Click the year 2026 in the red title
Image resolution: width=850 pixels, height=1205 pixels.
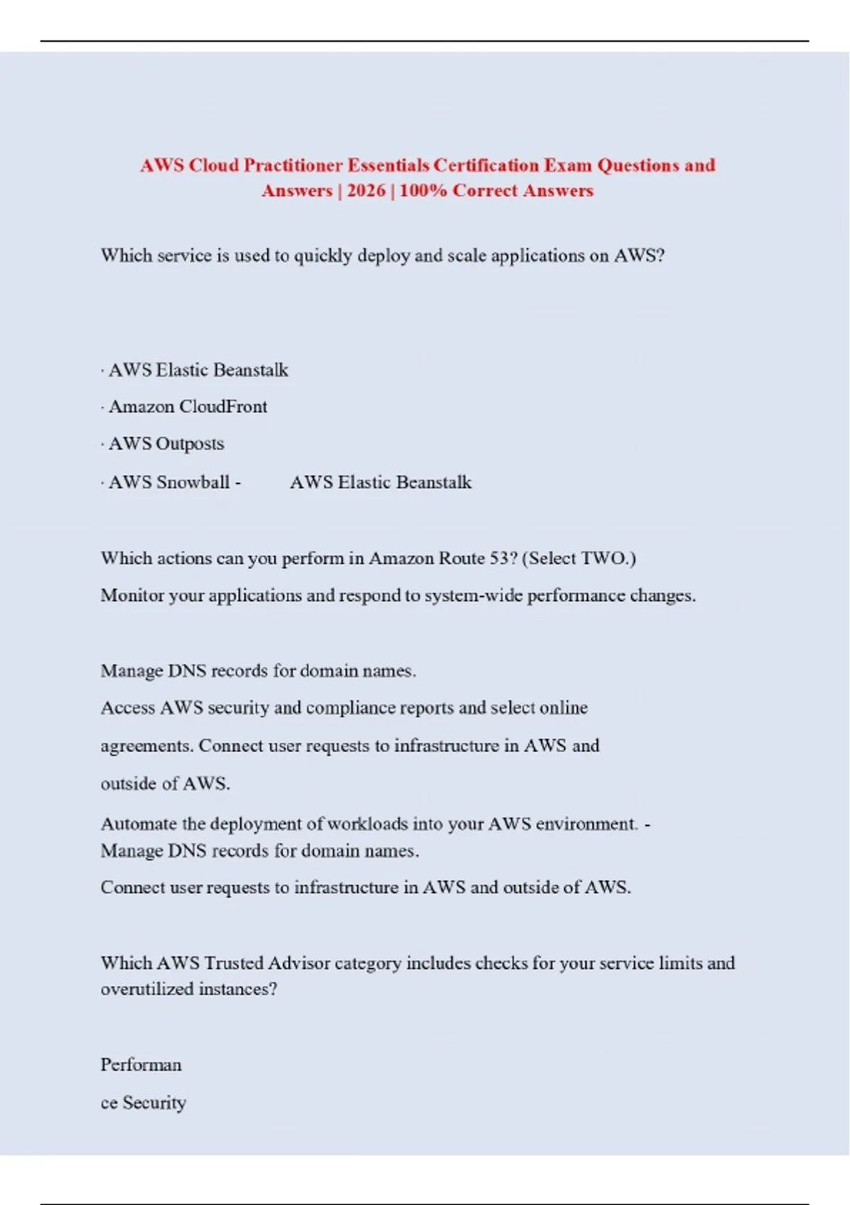pyautogui.click(x=366, y=191)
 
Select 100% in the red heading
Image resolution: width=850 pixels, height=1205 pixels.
pyautogui.click(x=423, y=191)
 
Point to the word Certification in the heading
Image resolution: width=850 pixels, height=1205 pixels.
pyautogui.click(x=487, y=165)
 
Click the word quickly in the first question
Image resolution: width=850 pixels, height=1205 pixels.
pyautogui.click(x=323, y=256)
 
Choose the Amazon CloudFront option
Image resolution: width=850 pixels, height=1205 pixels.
pyautogui.click(x=188, y=407)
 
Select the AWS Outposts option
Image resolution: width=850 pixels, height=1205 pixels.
pyautogui.click(x=166, y=444)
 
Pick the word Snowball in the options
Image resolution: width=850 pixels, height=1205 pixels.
pyautogui.click(x=193, y=482)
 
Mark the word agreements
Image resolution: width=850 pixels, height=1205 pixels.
pyautogui.click(x=146, y=746)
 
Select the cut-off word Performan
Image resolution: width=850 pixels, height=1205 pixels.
pyautogui.click(x=141, y=1065)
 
